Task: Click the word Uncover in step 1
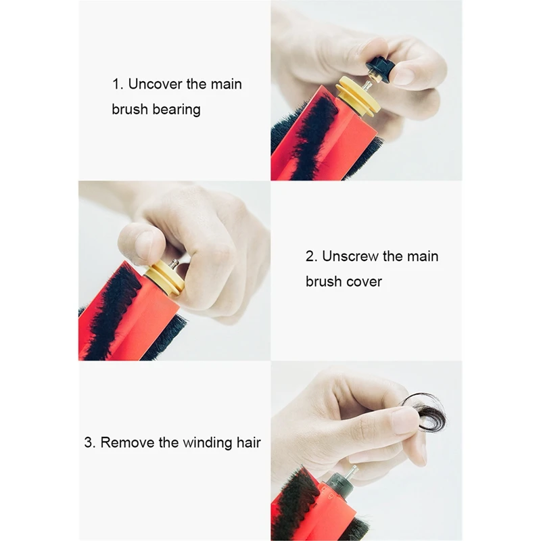click(x=155, y=84)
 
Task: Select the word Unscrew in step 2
click(x=350, y=256)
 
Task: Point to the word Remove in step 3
click(x=127, y=442)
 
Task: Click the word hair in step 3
click(x=248, y=442)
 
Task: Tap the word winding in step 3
click(x=208, y=443)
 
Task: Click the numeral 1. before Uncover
click(x=118, y=84)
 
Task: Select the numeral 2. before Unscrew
click(x=311, y=256)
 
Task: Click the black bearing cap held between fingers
click(x=377, y=71)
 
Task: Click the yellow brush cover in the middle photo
click(x=164, y=277)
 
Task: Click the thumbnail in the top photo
click(x=405, y=76)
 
